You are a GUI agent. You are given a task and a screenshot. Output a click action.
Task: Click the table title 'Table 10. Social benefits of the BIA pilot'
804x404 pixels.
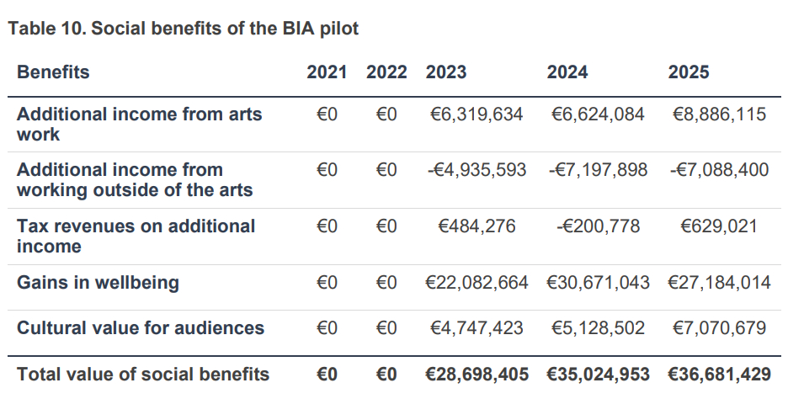184,29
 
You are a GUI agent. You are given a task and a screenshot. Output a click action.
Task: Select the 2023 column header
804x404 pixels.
446,72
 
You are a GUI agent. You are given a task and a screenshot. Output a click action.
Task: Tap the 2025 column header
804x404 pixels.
689,72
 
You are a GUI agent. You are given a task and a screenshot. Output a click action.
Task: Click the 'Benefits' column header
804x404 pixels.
53,72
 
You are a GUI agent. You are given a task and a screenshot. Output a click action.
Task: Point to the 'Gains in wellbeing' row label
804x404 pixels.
98,283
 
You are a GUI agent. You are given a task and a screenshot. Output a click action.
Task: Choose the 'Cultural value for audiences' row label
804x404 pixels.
141,328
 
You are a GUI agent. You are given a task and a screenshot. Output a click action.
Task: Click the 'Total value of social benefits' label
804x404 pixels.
143,375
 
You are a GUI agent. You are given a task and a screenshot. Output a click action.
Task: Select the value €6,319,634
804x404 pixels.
477,114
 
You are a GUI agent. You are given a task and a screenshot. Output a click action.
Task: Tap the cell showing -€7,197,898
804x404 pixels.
598,170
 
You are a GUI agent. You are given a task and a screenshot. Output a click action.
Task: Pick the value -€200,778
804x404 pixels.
598,226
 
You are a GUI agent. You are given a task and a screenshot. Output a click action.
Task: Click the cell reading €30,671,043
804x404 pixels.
598,283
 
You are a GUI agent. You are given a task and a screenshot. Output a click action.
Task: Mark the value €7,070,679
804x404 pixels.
719,328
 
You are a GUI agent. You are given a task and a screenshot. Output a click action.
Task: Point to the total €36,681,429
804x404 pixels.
719,375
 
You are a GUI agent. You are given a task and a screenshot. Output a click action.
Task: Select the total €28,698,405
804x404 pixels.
477,375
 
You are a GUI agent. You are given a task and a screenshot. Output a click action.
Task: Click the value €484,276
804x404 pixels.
477,226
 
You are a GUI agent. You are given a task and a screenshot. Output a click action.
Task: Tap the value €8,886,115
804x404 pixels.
719,114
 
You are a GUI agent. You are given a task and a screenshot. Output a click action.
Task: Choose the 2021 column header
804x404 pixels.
327,72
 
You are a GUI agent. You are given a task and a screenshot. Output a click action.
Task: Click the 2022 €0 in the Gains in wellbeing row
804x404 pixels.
386,283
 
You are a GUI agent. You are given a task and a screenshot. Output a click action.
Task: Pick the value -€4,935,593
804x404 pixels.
477,170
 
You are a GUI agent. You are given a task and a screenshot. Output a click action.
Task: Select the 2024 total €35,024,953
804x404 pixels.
598,375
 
